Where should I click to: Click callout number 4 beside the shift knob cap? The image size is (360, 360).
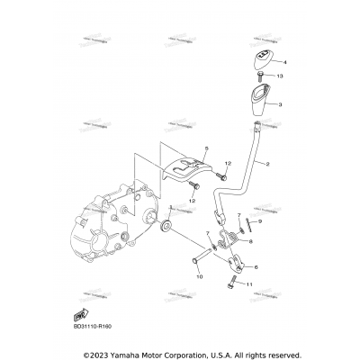coord(283,63)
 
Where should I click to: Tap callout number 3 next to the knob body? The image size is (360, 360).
coord(281,104)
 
